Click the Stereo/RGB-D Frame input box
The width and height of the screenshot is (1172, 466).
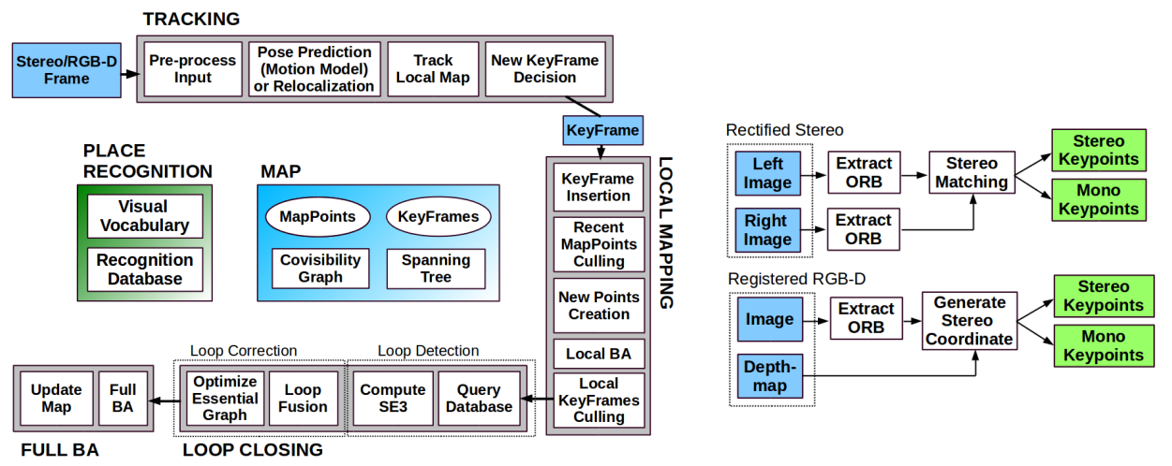click(x=67, y=70)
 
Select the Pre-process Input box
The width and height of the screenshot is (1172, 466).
click(x=193, y=69)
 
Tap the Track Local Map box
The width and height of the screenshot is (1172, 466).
click(x=433, y=69)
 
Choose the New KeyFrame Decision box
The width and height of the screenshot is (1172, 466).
click(x=544, y=69)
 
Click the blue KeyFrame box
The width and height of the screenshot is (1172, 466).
click(x=602, y=130)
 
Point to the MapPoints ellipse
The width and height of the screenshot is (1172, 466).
click(x=318, y=216)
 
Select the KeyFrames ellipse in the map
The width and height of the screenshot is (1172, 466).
click(x=438, y=216)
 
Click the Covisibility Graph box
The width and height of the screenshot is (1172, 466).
click(x=320, y=268)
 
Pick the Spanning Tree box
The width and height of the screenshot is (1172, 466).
click(x=436, y=268)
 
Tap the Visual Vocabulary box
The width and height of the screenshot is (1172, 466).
click(x=145, y=216)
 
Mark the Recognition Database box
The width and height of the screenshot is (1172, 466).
click(x=145, y=269)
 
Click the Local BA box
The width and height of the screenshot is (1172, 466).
click(x=599, y=354)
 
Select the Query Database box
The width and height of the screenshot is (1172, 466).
click(x=479, y=398)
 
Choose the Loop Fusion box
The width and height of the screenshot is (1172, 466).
click(x=303, y=398)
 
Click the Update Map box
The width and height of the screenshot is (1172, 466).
click(x=56, y=398)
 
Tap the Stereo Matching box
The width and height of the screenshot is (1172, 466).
click(x=972, y=172)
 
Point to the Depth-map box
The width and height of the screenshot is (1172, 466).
click(x=770, y=376)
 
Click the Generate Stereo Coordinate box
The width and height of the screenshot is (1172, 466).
click(x=970, y=321)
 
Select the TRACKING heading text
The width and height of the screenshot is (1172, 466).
click(x=191, y=19)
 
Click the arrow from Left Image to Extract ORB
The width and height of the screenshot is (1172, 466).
click(x=814, y=174)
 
